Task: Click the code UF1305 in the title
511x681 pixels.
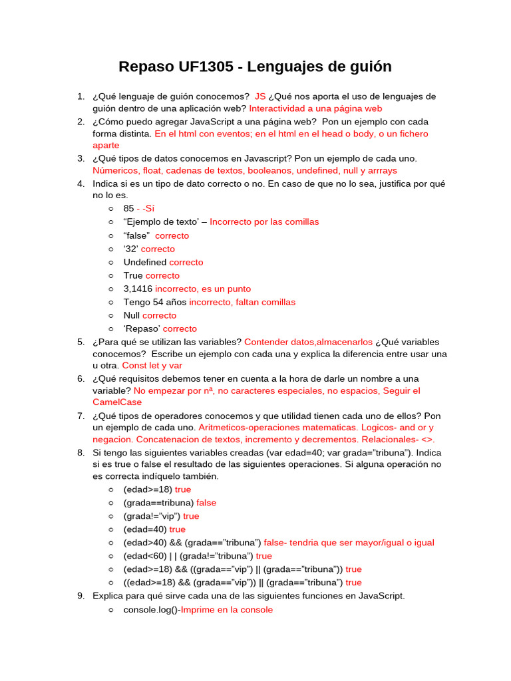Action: pyautogui.click(x=207, y=67)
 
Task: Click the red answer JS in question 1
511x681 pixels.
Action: pyautogui.click(x=260, y=96)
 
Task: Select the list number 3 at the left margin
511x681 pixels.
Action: pyautogui.click(x=81, y=158)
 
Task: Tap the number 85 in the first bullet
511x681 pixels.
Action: pyautogui.click(x=128, y=209)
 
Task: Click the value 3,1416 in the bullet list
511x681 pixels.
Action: pyautogui.click(x=138, y=289)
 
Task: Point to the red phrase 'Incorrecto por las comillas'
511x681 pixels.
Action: pyautogui.click(x=264, y=222)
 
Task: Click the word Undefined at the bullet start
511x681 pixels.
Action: pyautogui.click(x=145, y=262)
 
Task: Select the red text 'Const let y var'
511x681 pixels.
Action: pyautogui.click(x=152, y=365)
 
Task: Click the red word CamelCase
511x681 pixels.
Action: pyautogui.click(x=117, y=402)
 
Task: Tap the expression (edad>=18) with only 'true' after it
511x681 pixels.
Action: pyautogui.click(x=148, y=489)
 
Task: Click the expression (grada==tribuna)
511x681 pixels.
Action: pyautogui.click(x=158, y=503)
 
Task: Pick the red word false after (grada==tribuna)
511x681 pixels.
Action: pyautogui.click(x=206, y=503)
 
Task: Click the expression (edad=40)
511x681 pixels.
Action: pyautogui.click(x=145, y=529)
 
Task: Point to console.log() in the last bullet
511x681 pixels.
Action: pyautogui.click(x=150, y=609)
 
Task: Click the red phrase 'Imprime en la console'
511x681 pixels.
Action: pyautogui.click(x=227, y=609)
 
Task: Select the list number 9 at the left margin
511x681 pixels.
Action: pyautogui.click(x=81, y=596)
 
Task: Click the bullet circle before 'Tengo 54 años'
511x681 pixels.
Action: pyautogui.click(x=111, y=302)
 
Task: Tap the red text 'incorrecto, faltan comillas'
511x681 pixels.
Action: pyautogui.click(x=242, y=302)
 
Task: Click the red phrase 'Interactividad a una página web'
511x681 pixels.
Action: pyautogui.click(x=315, y=108)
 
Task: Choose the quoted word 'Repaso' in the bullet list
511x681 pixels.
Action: pyautogui.click(x=142, y=329)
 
